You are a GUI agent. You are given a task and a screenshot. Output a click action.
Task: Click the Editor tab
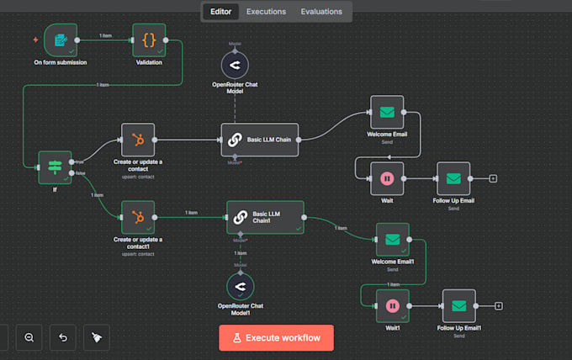[x=221, y=12]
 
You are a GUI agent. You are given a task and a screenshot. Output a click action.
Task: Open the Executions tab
[x=266, y=12]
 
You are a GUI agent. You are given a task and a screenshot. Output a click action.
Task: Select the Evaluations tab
[x=321, y=12]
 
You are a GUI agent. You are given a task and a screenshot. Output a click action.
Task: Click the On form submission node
[x=60, y=40]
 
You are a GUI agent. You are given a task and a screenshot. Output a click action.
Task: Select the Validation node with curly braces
[x=149, y=40]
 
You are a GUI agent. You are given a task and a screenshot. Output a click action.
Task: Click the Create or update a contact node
[x=138, y=140]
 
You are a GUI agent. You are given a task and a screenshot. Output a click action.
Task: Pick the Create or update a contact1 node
[x=138, y=217]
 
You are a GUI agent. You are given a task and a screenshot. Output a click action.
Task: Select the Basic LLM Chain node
[x=260, y=140]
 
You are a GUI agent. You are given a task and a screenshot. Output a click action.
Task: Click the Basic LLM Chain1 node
[x=266, y=217]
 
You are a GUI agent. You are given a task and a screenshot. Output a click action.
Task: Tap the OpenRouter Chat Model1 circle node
[x=241, y=286]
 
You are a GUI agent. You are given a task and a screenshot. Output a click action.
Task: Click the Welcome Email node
[x=387, y=112]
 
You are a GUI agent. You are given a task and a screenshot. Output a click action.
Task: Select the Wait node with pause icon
[x=387, y=178]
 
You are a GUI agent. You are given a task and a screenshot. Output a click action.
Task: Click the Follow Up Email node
[x=453, y=178]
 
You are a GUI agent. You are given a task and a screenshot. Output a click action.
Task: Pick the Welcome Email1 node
[x=392, y=239]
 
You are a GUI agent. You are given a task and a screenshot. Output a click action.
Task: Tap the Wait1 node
[x=392, y=306]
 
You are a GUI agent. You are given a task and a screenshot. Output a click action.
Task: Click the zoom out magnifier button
[x=29, y=337]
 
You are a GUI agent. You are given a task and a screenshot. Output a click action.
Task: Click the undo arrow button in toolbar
[x=63, y=337]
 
